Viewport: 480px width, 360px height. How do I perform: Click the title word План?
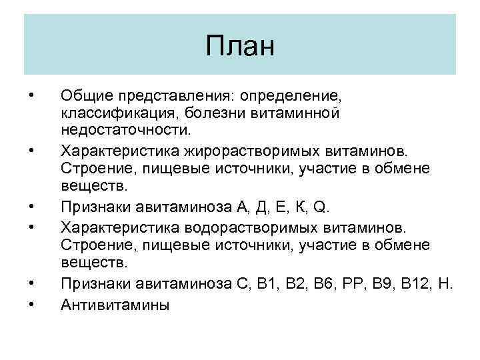tap(240, 47)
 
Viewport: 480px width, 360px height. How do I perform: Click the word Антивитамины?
tap(115, 305)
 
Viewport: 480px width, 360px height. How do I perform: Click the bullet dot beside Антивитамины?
tap(31, 305)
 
